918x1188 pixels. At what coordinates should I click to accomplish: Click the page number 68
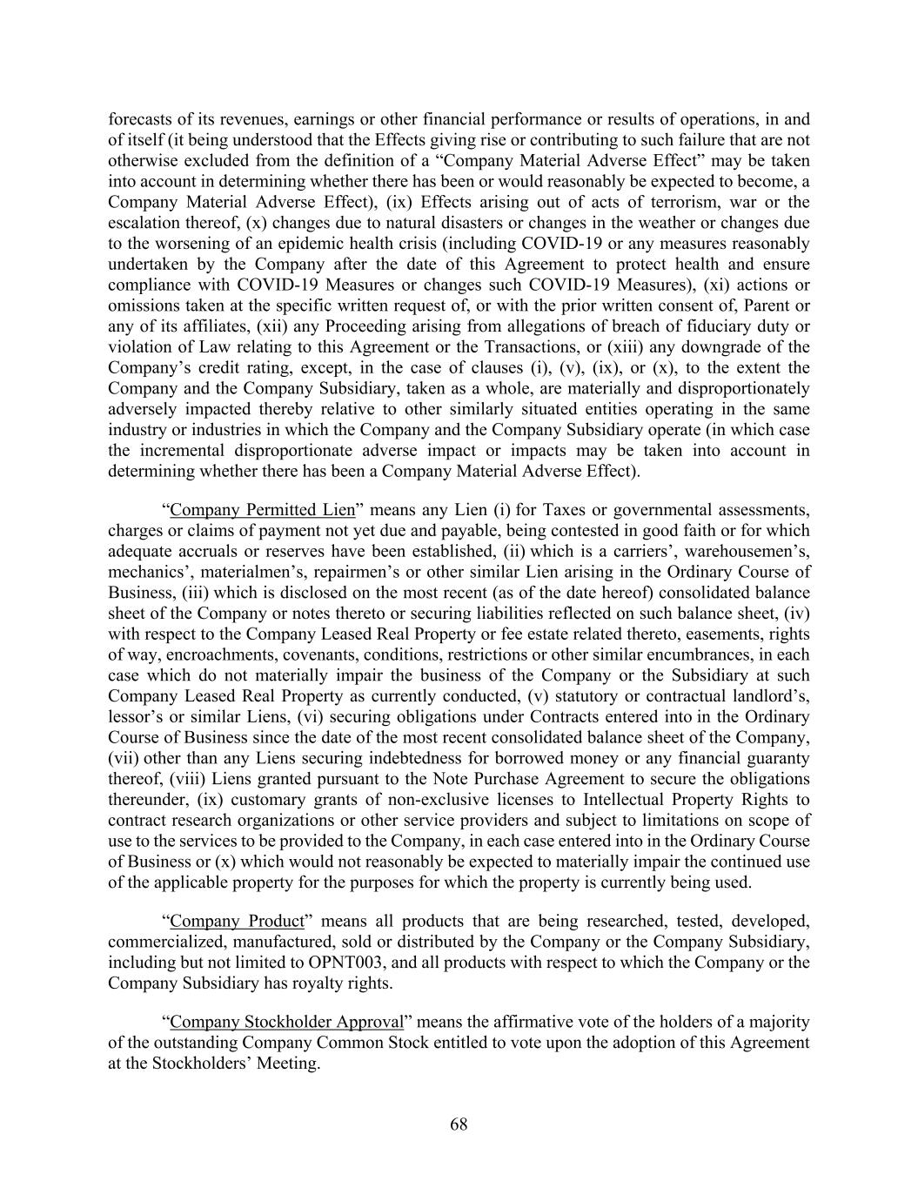[459, 1124]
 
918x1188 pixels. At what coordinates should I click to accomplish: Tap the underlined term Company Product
[237, 921]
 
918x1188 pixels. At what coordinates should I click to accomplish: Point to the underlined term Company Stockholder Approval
[287, 1022]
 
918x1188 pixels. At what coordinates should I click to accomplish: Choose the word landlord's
[765, 695]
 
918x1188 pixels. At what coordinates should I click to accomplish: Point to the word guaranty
[775, 758]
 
